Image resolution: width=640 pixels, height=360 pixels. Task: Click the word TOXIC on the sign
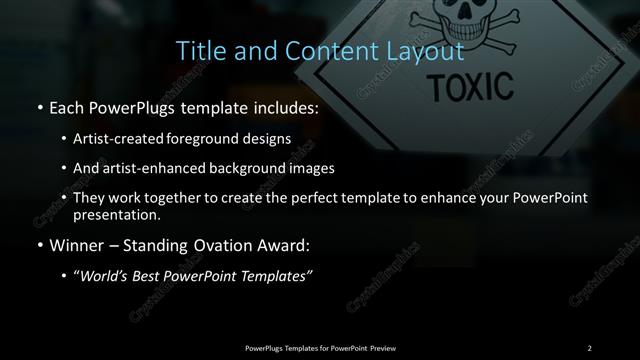pyautogui.click(x=470, y=87)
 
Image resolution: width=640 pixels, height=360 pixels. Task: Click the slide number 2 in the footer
pyautogui.click(x=589, y=347)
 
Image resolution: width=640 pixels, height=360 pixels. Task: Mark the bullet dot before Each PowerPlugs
pyautogui.click(x=38, y=107)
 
